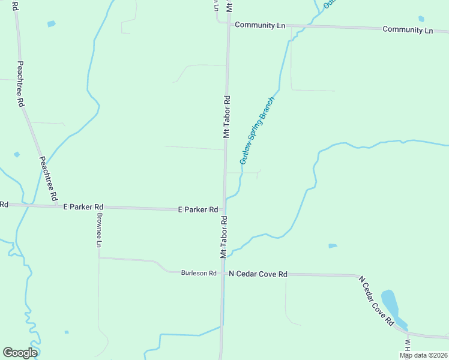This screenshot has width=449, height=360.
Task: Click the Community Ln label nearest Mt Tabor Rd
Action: pyautogui.click(x=259, y=25)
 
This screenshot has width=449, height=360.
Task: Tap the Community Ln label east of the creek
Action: pyautogui.click(x=408, y=29)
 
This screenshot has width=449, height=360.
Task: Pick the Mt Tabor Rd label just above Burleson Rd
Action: pyautogui.click(x=224, y=238)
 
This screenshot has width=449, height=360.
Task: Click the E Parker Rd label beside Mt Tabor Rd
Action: pyautogui.click(x=197, y=209)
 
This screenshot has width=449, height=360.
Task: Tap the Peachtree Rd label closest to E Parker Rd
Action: pyautogui.click(x=48, y=178)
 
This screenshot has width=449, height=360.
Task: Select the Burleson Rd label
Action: pyautogui.click(x=199, y=273)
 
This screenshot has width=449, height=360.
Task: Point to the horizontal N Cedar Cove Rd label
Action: pyautogui.click(x=258, y=274)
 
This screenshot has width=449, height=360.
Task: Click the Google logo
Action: pyautogui.click(x=20, y=353)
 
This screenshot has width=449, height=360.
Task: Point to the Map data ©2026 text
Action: pyautogui.click(x=423, y=355)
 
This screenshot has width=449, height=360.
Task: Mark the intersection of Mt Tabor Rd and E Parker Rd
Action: pyautogui.click(x=224, y=210)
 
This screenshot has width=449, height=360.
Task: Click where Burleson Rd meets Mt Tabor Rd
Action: pyautogui.click(x=223, y=274)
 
